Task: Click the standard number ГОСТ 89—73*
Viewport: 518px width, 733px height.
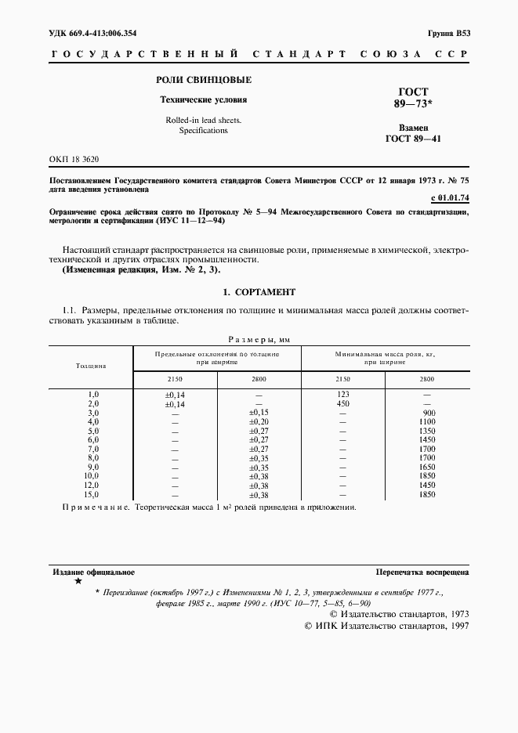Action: pos(412,98)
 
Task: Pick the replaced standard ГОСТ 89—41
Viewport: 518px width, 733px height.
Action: pos(412,139)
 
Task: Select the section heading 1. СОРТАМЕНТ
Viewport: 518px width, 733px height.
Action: pos(259,292)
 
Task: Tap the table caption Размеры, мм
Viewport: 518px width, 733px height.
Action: pos(259,339)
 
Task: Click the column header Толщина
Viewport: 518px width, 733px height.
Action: pos(91,365)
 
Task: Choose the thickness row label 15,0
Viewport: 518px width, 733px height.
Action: pos(92,496)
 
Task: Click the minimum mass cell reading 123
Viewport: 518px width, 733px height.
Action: pos(342,394)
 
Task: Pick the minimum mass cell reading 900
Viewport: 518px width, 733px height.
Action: pos(428,412)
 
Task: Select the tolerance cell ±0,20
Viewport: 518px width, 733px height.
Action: pos(259,421)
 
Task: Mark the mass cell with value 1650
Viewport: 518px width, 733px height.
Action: pos(427,468)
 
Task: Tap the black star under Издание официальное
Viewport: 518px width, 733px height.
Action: pos(77,582)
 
